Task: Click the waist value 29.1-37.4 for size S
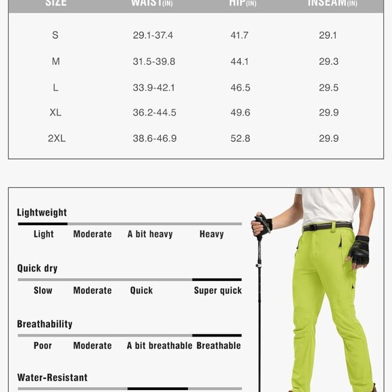point(153,35)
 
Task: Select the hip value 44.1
point(240,62)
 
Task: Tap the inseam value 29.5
point(328,87)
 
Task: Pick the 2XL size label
point(56,139)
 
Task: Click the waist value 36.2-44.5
point(154,113)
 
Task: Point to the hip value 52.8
point(240,139)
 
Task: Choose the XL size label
point(55,113)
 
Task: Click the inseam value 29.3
point(328,62)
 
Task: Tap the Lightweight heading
point(42,213)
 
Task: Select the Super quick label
point(218,291)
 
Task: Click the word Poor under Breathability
point(43,345)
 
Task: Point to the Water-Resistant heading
point(52,378)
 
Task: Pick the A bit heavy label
point(150,235)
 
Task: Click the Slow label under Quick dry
point(43,291)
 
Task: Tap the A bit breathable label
point(160,345)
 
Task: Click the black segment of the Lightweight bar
point(43,224)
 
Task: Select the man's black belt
point(327,226)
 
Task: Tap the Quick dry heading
point(37,268)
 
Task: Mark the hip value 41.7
point(240,35)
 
